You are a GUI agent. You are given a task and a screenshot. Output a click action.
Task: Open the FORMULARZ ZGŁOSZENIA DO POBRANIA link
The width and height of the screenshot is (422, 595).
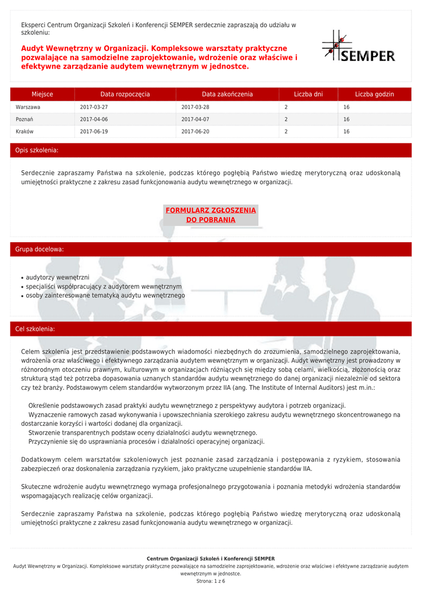point(211,215)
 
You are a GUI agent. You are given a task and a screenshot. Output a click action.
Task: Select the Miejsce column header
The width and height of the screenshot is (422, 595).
point(42,94)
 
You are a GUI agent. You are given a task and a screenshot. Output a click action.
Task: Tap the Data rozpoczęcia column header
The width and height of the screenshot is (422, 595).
point(125,94)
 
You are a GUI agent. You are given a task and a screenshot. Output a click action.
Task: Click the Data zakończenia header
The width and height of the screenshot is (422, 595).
point(227,94)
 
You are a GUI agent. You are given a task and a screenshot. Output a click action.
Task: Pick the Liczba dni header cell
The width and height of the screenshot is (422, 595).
point(308,94)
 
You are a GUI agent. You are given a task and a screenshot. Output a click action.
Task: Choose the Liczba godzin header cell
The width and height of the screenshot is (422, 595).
point(374,94)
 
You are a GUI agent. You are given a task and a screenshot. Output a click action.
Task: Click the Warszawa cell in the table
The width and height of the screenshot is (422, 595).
point(28,107)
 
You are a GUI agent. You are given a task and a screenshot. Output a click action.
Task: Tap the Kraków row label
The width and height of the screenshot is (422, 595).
point(24,132)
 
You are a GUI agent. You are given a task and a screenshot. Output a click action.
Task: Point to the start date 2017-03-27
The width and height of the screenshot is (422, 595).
point(94,107)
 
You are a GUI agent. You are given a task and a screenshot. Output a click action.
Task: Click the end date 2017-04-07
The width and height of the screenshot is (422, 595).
point(195,120)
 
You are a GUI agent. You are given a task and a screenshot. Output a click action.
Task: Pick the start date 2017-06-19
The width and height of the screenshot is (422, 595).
point(94,132)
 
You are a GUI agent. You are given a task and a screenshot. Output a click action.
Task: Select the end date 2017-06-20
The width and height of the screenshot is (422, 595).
point(195,132)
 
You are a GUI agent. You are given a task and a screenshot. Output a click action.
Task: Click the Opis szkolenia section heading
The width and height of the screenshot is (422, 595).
point(37,150)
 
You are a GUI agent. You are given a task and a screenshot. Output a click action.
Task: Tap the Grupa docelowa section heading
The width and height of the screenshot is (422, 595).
point(40,249)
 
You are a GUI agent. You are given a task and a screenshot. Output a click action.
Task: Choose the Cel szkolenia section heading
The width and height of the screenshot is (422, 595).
point(36,329)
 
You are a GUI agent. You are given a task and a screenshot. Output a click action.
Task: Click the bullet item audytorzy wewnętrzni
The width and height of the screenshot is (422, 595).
point(57,278)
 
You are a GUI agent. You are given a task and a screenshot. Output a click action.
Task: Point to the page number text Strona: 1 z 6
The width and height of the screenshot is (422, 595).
point(211,581)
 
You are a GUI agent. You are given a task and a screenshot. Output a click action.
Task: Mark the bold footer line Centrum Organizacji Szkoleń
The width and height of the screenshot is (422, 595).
point(211,558)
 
